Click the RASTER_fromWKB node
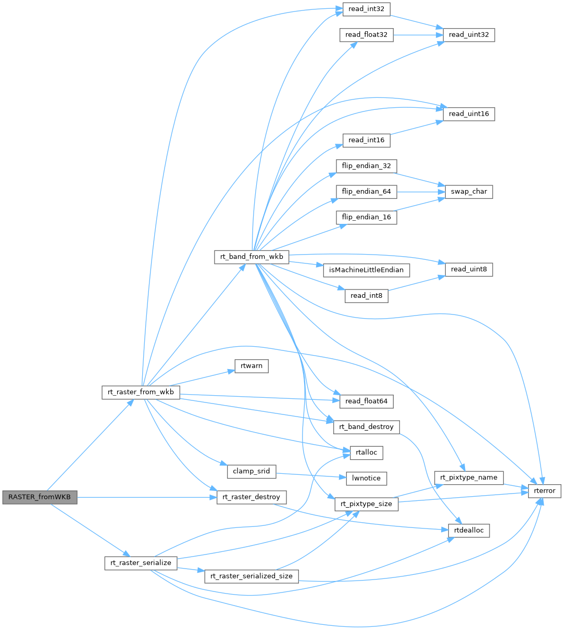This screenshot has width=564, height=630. pyautogui.click(x=40, y=497)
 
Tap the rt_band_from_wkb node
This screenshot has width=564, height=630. pyautogui.click(x=251, y=257)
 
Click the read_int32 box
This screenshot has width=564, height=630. pyautogui.click(x=366, y=9)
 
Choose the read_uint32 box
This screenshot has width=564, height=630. pyautogui.click(x=469, y=35)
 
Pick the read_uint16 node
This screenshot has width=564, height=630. pyautogui.click(x=468, y=114)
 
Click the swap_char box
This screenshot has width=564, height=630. pyautogui.click(x=469, y=192)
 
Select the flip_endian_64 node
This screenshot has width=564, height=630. pyautogui.click(x=367, y=192)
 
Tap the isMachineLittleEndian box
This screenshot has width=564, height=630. pyautogui.click(x=366, y=270)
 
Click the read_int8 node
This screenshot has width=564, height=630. pyautogui.click(x=366, y=296)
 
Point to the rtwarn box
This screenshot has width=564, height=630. pyautogui.click(x=252, y=367)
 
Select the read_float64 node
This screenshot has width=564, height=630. pyautogui.click(x=366, y=401)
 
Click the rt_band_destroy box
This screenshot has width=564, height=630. pyautogui.click(x=366, y=427)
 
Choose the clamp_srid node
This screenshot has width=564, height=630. pyautogui.click(x=251, y=471)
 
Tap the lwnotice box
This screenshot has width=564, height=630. pyautogui.click(x=367, y=478)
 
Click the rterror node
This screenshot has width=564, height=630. pyautogui.click(x=545, y=490)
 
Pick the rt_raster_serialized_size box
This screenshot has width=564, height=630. pyautogui.click(x=252, y=576)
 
